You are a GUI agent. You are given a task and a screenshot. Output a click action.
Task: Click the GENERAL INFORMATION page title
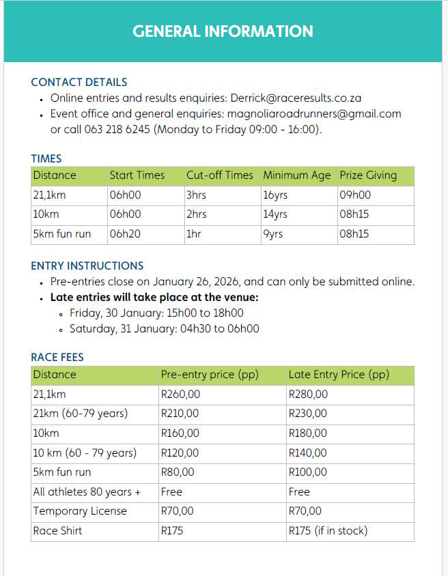tap(223, 31)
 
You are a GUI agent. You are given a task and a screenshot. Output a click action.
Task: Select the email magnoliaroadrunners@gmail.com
tap(313, 114)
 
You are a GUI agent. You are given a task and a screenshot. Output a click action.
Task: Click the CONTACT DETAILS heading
tap(79, 82)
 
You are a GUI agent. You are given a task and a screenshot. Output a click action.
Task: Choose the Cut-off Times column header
tap(219, 175)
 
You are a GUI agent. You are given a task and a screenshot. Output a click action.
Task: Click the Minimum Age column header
tap(296, 175)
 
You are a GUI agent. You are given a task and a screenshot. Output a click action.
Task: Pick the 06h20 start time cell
tap(125, 234)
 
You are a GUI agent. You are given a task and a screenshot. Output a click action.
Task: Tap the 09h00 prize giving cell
tap(355, 195)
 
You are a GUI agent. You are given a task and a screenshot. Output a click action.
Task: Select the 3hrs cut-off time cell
tap(196, 195)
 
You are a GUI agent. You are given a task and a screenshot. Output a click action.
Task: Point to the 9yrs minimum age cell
tap(272, 234)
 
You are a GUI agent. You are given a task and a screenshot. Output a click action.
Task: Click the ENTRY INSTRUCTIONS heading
tap(87, 265)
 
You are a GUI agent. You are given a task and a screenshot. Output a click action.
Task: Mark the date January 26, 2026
tap(197, 281)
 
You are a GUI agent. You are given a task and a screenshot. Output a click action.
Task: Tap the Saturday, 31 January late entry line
tap(164, 328)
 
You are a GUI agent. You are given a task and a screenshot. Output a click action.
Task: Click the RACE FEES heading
tap(57, 357)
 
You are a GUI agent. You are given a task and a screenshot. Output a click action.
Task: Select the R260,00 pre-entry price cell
tap(180, 394)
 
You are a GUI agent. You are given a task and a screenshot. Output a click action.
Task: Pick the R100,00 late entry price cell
tap(307, 472)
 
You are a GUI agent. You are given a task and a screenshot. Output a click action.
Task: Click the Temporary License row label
tap(80, 510)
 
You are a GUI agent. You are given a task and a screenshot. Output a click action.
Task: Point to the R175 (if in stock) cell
tap(328, 530)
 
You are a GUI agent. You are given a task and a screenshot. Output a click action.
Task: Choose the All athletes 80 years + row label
tap(87, 491)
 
